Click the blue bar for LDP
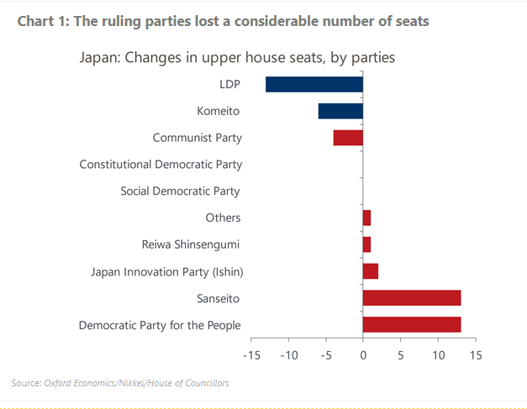click(x=314, y=84)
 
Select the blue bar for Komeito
click(x=340, y=111)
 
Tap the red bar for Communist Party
click(x=348, y=138)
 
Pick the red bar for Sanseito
click(x=412, y=297)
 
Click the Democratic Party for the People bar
click(x=412, y=324)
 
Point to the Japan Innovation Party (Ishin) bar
click(x=371, y=270)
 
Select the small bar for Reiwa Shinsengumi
click(x=366, y=244)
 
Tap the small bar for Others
click(x=366, y=218)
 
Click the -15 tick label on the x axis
click(x=251, y=356)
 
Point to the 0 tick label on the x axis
click(x=363, y=356)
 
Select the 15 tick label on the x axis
click(x=475, y=356)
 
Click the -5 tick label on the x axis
click(x=325, y=356)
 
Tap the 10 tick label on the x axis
click(x=437, y=356)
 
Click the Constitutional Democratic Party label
click(x=161, y=165)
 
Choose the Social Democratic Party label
click(x=180, y=191)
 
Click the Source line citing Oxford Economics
click(x=120, y=383)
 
